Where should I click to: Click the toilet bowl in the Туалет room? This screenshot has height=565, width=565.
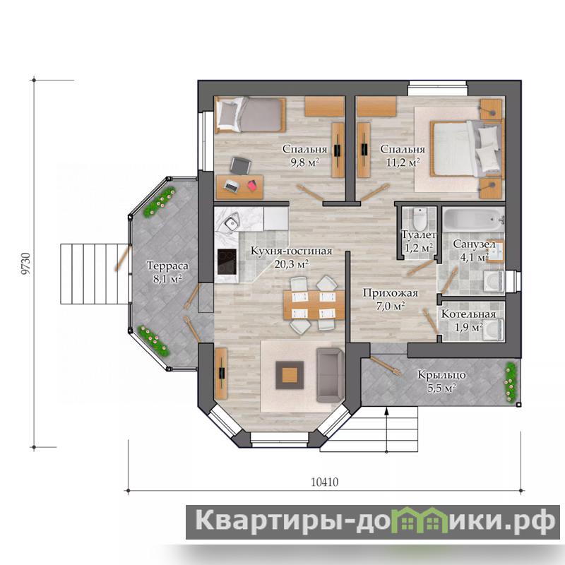point(419,219)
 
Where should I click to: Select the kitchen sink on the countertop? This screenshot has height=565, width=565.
point(232,221)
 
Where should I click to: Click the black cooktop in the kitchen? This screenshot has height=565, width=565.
point(227,261)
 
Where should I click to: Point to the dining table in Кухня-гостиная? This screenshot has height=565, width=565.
point(314,305)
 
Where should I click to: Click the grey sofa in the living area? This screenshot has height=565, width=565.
point(330,375)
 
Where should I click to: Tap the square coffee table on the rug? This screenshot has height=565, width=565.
point(290,375)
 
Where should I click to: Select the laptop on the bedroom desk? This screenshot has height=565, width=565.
point(232,186)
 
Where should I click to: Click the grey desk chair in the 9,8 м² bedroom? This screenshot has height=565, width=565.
point(240,165)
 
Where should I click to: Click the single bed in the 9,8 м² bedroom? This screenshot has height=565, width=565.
point(251,115)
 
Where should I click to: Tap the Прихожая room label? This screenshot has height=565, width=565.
point(390,293)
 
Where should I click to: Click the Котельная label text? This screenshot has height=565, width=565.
point(468,314)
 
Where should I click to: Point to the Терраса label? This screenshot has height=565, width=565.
point(167,266)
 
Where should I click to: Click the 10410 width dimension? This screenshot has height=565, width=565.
point(325,482)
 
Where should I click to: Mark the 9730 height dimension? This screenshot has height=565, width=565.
point(25,263)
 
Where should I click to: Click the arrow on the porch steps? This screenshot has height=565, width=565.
point(386,429)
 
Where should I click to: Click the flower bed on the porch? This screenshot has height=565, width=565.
point(510,382)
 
